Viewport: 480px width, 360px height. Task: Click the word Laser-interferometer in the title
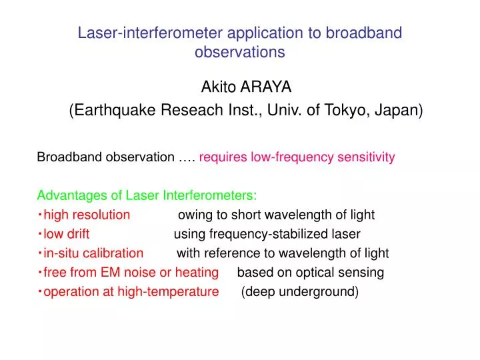150,33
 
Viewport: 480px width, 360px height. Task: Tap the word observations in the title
240,52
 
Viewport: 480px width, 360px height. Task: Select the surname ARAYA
266,87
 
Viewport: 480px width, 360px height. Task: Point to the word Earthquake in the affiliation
115,110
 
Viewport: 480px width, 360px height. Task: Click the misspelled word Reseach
192,109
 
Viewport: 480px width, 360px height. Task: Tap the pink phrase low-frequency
292,157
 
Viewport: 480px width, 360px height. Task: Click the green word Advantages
72,195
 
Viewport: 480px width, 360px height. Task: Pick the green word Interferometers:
210,195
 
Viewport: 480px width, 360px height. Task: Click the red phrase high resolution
87,215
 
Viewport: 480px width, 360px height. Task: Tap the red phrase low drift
67,234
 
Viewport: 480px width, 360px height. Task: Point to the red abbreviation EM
110,273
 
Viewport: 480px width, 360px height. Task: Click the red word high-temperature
168,292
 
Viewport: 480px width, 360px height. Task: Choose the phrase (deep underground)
300,292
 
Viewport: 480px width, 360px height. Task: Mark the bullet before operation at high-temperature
40,291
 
